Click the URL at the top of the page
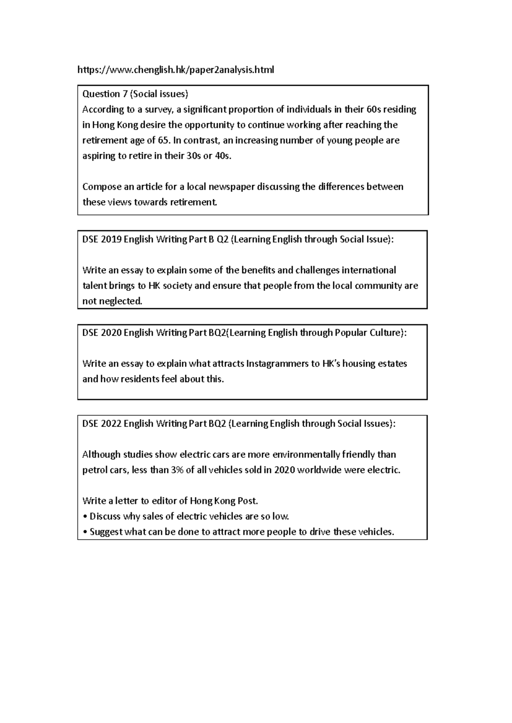175,70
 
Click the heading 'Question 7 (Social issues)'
135,94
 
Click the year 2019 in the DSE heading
111,240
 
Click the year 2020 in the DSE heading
111,333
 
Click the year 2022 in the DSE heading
111,424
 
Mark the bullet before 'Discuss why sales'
85,517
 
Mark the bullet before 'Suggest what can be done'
85,532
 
